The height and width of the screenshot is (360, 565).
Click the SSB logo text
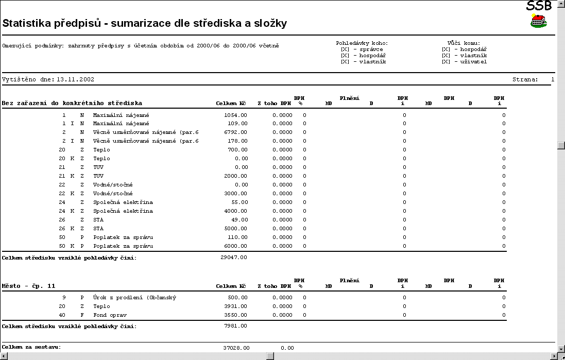click(x=539, y=6)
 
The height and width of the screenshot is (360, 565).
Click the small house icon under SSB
click(x=538, y=21)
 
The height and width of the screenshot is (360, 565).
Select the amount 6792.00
click(x=236, y=132)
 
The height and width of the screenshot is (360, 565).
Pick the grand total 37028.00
click(x=236, y=348)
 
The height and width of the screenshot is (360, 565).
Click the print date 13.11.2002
click(x=76, y=80)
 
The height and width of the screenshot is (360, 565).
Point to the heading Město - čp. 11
click(x=29, y=286)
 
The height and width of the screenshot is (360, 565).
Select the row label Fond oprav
click(x=110, y=315)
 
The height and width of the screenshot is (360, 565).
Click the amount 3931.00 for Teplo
click(x=236, y=306)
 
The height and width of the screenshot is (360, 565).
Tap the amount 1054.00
click(x=236, y=115)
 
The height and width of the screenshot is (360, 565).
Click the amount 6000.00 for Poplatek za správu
click(x=236, y=246)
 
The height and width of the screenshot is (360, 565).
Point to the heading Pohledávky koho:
click(x=362, y=43)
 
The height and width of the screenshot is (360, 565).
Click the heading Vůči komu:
click(x=464, y=43)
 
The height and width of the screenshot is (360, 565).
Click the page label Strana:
click(x=525, y=80)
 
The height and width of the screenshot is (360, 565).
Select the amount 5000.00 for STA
click(x=236, y=229)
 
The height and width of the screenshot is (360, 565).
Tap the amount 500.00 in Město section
click(x=237, y=298)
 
